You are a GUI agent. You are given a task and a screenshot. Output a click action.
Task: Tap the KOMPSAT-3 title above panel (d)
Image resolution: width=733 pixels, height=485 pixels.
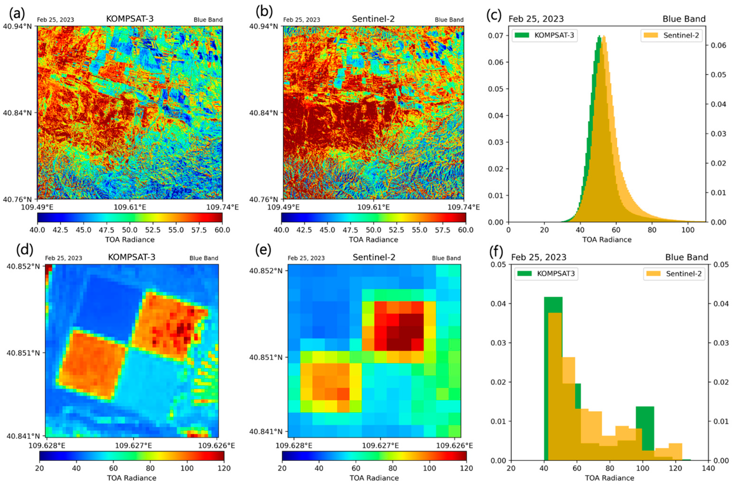[132, 257]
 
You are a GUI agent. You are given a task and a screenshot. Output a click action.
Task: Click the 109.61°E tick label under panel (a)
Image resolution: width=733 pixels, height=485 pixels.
[130, 207]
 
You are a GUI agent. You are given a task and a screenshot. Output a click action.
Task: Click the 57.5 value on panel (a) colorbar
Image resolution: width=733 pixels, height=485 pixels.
[199, 230]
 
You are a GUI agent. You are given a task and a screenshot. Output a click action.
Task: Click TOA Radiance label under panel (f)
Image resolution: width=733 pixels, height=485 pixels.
[609, 478]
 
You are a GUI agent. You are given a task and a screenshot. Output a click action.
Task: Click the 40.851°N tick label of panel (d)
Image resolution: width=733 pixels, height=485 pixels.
[23, 353]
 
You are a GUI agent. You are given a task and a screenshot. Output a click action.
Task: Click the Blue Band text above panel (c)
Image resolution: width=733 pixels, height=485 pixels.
[684, 19]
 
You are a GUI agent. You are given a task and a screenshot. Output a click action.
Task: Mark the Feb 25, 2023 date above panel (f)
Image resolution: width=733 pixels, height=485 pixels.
[539, 257]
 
